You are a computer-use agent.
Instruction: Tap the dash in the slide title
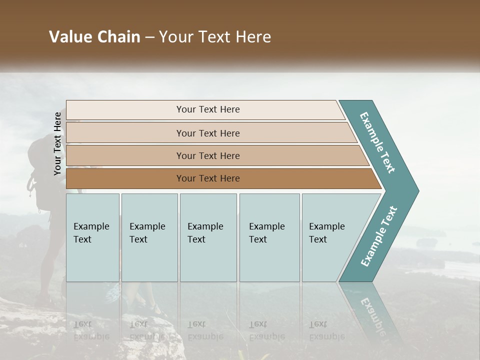tap(149, 37)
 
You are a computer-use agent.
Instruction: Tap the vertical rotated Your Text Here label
tap(57, 143)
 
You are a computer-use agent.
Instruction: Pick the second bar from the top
tap(207, 133)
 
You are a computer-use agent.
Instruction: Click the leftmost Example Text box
tap(92, 237)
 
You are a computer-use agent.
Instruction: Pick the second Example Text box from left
tap(149, 237)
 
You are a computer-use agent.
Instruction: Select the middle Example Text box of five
tap(208, 237)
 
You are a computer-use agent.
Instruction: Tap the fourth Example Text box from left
tap(269, 237)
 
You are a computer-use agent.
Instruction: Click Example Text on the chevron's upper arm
tap(377, 142)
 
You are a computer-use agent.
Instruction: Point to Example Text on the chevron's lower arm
tap(378, 236)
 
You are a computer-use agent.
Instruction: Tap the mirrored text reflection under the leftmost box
tap(90, 330)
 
